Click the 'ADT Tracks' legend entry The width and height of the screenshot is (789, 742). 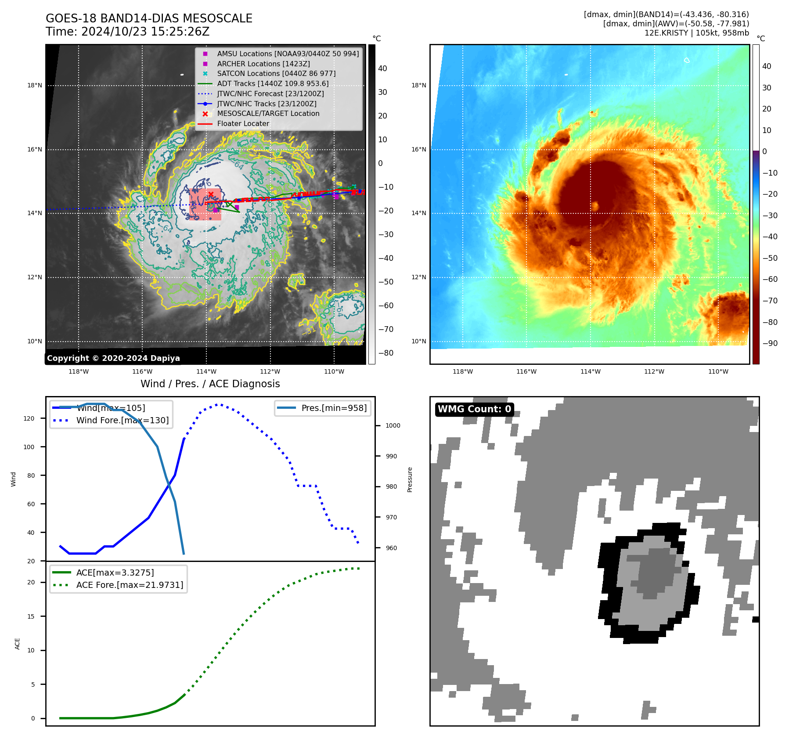point(272,83)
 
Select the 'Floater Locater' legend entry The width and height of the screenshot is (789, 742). point(243,123)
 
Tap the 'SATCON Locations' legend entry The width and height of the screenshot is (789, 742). point(276,73)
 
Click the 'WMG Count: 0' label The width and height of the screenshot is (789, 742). point(474,409)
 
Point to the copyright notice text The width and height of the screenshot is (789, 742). point(113,358)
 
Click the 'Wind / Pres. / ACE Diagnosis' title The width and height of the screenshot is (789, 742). point(210,384)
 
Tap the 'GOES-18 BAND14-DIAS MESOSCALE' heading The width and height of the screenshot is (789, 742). point(149,18)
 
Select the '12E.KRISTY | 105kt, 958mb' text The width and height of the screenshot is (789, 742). point(696,33)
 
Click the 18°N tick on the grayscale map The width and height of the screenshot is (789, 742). point(35,85)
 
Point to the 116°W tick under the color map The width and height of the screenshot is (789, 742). point(526,371)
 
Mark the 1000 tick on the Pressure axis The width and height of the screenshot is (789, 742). point(393,425)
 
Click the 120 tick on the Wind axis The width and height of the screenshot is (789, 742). point(29,418)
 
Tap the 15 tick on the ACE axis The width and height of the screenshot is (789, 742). point(31,616)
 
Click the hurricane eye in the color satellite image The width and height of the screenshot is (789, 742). point(595,205)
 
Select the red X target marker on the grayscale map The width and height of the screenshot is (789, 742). point(211,194)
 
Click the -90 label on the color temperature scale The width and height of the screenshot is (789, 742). point(770,343)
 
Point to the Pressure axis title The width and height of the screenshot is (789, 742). point(410,479)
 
